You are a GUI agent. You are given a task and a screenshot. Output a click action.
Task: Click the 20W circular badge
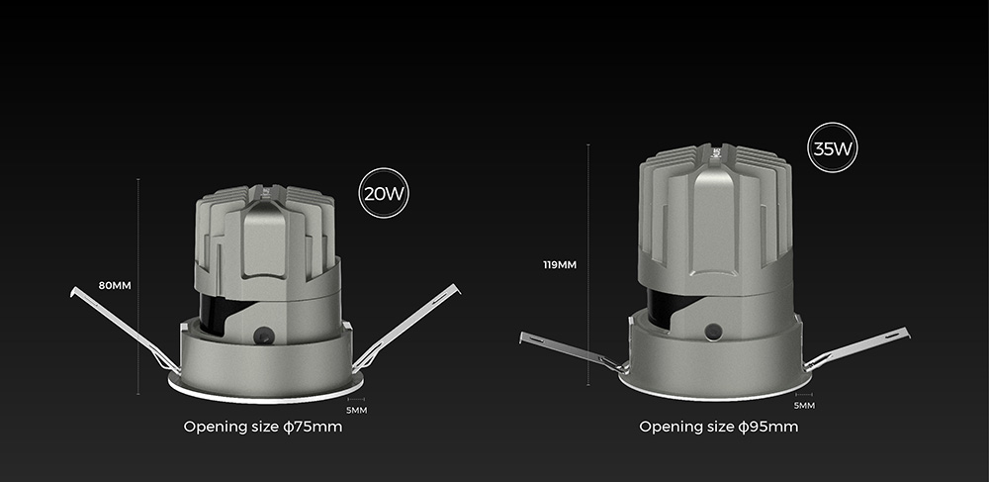click(385, 192)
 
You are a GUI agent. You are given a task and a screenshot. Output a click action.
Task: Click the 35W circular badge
click(833, 148)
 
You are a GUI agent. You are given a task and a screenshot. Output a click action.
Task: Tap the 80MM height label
click(115, 285)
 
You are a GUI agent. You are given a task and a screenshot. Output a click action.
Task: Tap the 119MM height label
click(561, 264)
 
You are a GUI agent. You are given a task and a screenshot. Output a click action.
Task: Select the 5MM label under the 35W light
click(804, 406)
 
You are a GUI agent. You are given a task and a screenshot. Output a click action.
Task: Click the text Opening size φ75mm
click(263, 428)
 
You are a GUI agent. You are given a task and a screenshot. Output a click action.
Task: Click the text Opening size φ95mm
click(718, 428)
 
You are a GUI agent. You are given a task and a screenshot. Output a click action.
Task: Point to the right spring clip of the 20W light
click(408, 326)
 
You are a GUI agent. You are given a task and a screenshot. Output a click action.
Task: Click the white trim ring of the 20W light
click(265, 397)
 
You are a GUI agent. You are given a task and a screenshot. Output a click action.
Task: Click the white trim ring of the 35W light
click(712, 395)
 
